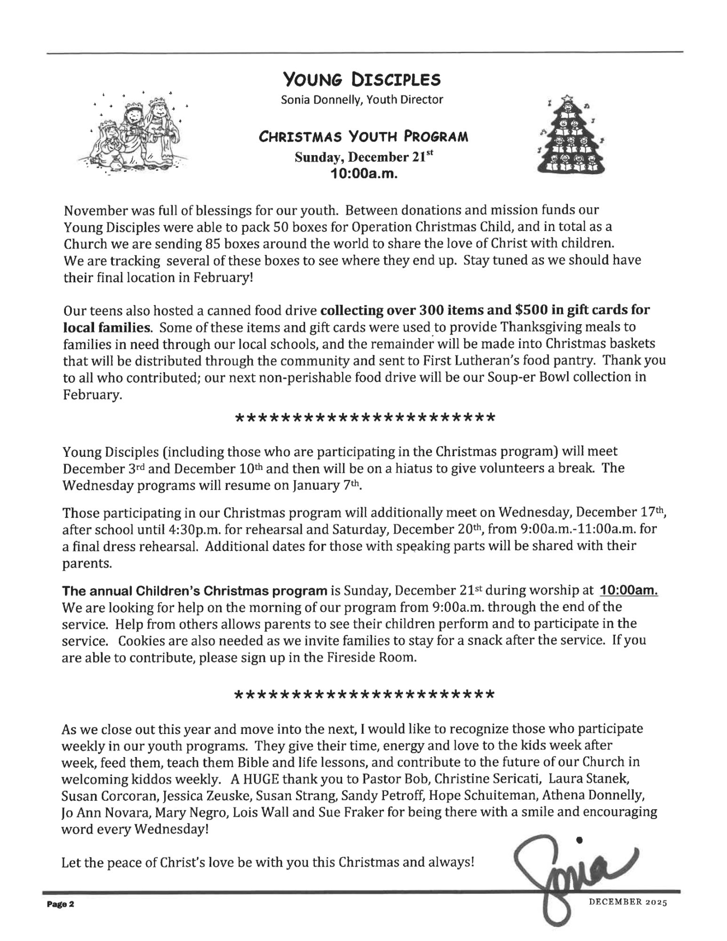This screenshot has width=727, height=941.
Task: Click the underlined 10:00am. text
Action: [629, 590]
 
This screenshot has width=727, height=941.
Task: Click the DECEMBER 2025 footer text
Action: [628, 903]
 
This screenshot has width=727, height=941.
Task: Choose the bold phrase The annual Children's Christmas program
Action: [194, 590]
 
